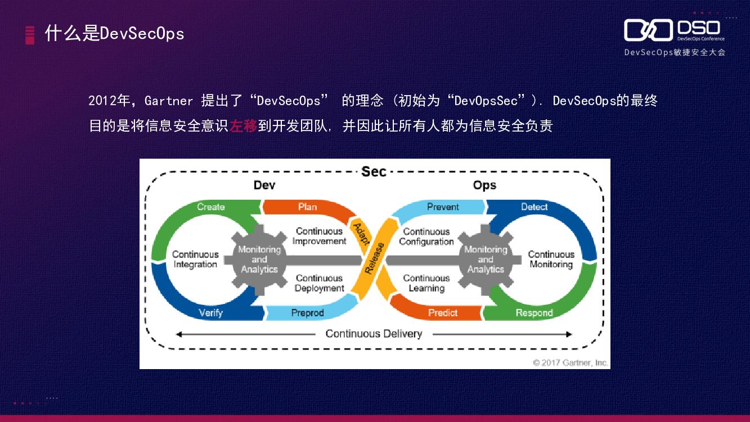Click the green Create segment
pyautogui.click(x=211, y=207)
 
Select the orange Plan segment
pyautogui.click(x=307, y=207)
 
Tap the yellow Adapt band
pyautogui.click(x=361, y=234)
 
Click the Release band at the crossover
pyautogui.click(x=375, y=258)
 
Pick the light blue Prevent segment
pyautogui.click(x=443, y=207)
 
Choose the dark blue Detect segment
pyautogui.click(x=534, y=207)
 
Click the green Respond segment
pyautogui.click(x=534, y=313)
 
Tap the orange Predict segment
pyautogui.click(x=443, y=313)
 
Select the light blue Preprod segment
pyautogui.click(x=307, y=313)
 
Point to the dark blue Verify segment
pyautogui.click(x=211, y=313)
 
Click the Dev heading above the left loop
pyautogui.click(x=264, y=185)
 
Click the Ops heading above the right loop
pyautogui.click(x=484, y=185)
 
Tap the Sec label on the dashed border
pyautogui.click(x=374, y=172)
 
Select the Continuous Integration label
pyautogui.click(x=195, y=259)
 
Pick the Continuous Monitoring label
pyautogui.click(x=551, y=259)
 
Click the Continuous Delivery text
pyautogui.click(x=374, y=334)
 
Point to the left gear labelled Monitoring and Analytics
pyautogui.click(x=259, y=259)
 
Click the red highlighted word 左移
pyautogui.click(x=243, y=125)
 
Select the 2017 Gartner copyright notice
pyautogui.click(x=570, y=363)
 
